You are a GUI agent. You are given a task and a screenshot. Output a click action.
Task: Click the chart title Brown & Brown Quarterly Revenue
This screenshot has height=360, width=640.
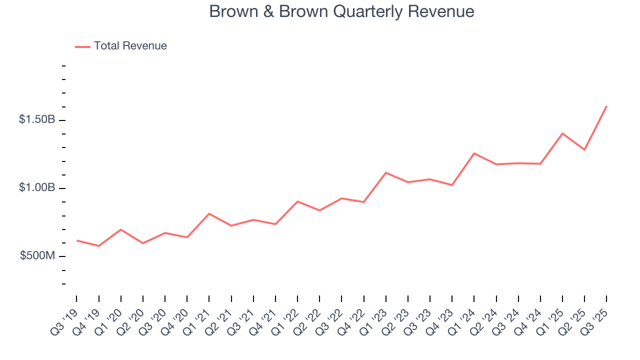coord(341,11)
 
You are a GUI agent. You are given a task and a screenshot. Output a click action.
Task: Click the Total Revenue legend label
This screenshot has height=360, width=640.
coord(130,46)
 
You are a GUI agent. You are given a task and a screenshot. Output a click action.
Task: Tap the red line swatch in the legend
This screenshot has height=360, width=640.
coord(82,46)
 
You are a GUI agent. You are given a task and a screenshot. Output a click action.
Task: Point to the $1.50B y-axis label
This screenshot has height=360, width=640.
coord(36,120)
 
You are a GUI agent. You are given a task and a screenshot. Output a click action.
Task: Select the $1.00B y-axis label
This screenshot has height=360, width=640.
coord(36,188)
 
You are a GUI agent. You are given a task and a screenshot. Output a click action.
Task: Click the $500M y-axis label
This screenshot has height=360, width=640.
coord(37,256)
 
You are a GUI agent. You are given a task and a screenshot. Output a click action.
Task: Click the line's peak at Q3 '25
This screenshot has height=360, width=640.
coord(606,106)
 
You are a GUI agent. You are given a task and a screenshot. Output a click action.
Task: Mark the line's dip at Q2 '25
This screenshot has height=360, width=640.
coord(584,149)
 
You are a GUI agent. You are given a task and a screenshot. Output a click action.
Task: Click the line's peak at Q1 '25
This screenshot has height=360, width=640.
coord(562,133)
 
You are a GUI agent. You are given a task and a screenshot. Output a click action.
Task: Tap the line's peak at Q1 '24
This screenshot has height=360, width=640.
coord(474,153)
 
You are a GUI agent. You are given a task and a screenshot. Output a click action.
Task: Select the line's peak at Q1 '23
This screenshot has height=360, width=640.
coord(385,172)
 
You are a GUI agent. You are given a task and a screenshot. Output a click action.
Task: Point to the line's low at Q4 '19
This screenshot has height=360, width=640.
coord(98,246)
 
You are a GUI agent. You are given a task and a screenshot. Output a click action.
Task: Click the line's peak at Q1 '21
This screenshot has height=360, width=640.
coord(209,213)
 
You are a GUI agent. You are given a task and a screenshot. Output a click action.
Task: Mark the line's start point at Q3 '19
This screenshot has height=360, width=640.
coord(76,240)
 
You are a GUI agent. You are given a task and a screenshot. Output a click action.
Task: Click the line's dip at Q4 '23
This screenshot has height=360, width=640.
coord(452,185)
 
